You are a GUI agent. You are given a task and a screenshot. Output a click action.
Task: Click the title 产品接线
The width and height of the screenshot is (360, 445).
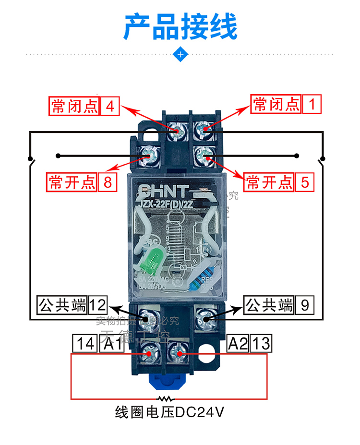pyautogui.click(x=180, y=27)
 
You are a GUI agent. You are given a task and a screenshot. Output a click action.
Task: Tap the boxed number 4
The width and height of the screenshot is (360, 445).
pyautogui.click(x=110, y=105)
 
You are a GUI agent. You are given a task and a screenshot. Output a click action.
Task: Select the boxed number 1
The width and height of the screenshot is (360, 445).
pyautogui.click(x=312, y=104)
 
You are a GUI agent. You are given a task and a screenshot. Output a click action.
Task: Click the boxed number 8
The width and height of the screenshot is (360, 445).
pyautogui.click(x=108, y=182)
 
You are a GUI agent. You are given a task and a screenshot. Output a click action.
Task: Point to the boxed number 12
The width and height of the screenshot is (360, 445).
pyautogui.click(x=97, y=305)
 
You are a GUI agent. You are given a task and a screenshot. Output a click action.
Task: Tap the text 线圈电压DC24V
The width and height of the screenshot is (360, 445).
pyautogui.click(x=170, y=412)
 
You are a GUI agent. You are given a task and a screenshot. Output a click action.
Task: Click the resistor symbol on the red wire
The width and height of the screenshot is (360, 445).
pyautogui.click(x=167, y=398)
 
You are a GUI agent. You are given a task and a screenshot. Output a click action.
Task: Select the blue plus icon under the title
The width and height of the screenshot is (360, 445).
pyautogui.click(x=180, y=54)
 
